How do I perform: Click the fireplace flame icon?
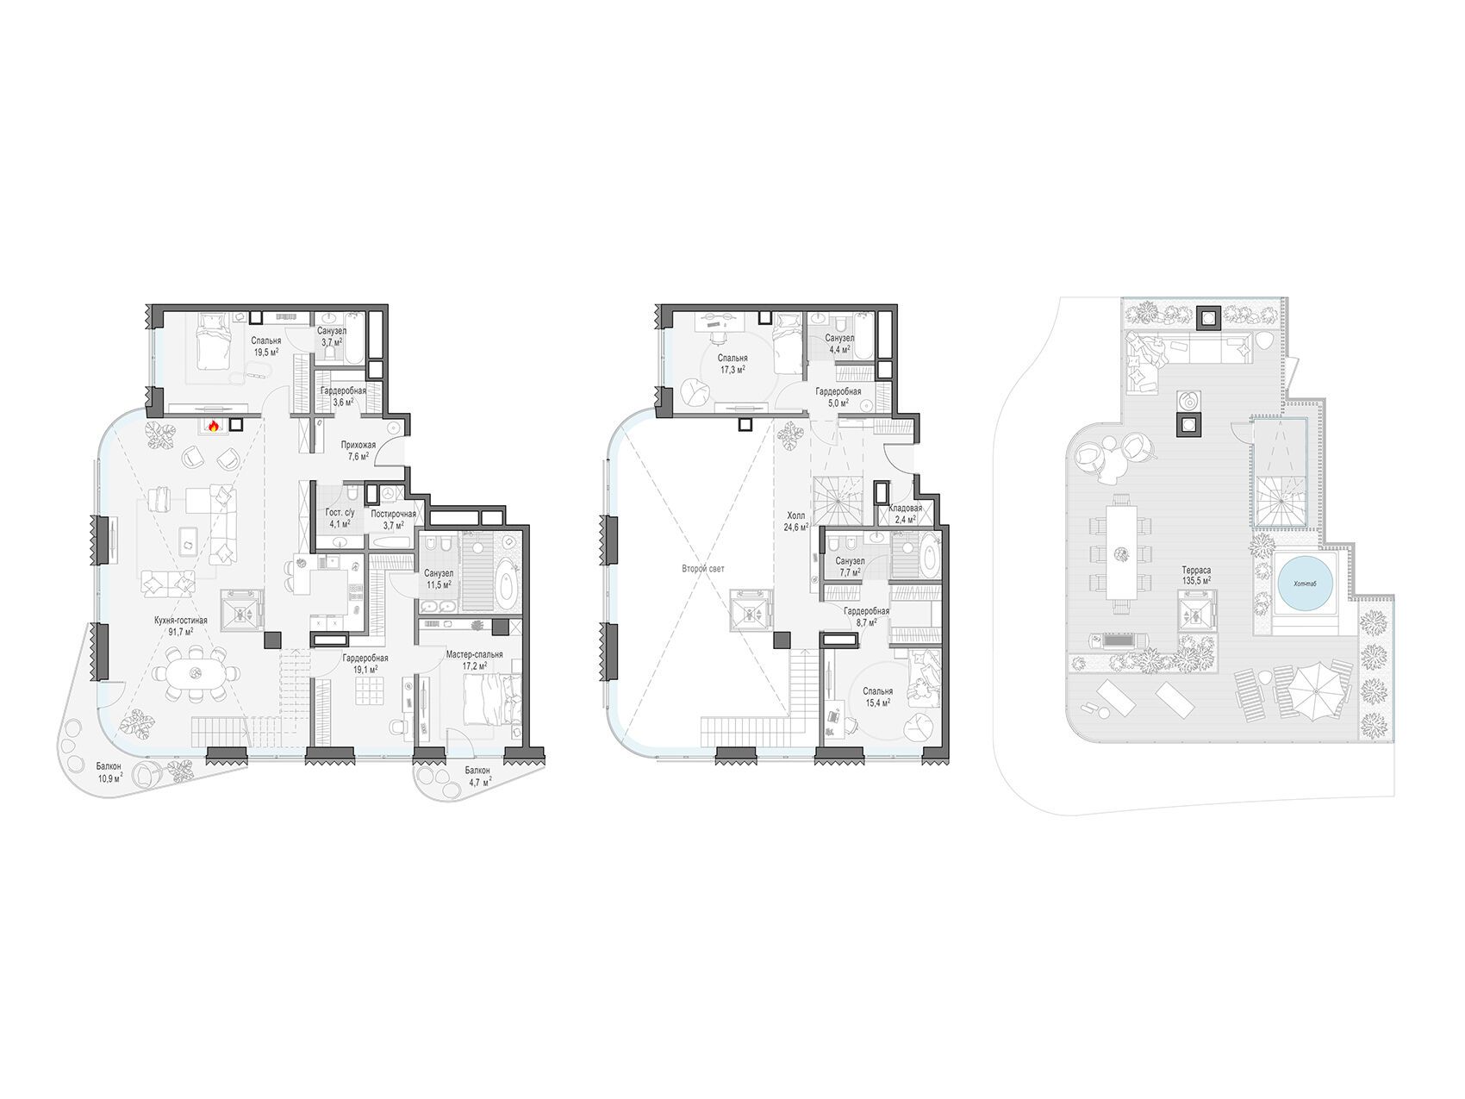(214, 425)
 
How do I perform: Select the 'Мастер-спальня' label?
(474, 654)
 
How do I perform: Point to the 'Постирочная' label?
(393, 514)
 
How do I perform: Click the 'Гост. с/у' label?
(337, 513)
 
